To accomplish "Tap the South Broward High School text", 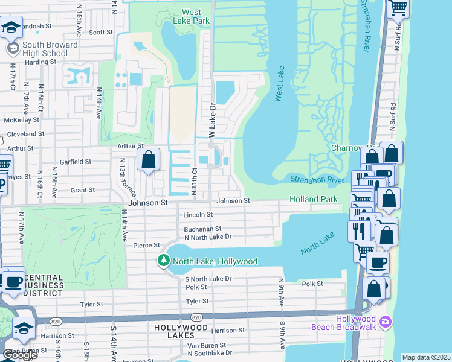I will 50,49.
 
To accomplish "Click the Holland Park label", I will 313,199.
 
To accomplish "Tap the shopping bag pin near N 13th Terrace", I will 148,160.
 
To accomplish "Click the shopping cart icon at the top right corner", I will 398,8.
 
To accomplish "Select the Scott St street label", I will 100,33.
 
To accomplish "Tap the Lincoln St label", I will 198,214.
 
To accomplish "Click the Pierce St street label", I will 146,245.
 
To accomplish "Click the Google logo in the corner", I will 20,355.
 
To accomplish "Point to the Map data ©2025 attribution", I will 425,357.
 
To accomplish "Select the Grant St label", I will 83,190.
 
